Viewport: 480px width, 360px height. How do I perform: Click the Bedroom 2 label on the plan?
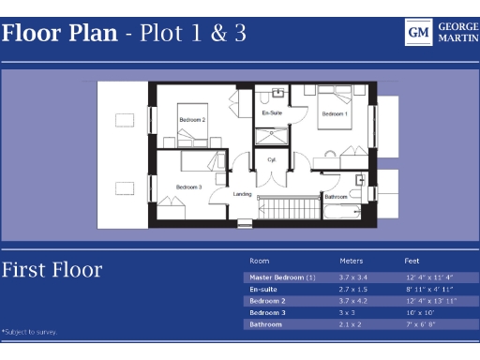click(x=192, y=120)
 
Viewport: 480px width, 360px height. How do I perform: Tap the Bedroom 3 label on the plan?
click(x=188, y=187)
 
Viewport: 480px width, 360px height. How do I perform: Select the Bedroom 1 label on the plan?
click(x=335, y=113)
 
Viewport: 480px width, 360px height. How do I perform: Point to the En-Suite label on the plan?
click(x=272, y=113)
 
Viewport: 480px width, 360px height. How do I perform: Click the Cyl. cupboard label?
click(x=272, y=160)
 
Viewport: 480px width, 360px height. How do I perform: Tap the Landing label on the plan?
click(x=243, y=195)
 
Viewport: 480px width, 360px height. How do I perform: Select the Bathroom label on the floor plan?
click(x=337, y=197)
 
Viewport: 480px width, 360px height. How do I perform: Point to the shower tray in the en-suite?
click(x=273, y=139)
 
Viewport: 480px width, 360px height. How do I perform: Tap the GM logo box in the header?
click(x=418, y=33)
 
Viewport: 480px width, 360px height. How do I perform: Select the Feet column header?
click(x=412, y=261)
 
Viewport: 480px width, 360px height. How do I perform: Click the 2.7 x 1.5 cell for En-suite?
click(x=353, y=290)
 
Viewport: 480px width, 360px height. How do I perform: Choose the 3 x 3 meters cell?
click(x=348, y=312)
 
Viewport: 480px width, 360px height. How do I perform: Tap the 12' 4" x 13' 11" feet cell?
click(x=430, y=301)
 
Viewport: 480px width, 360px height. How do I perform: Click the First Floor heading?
click(x=52, y=271)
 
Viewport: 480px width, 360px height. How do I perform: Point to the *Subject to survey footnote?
click(x=30, y=331)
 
